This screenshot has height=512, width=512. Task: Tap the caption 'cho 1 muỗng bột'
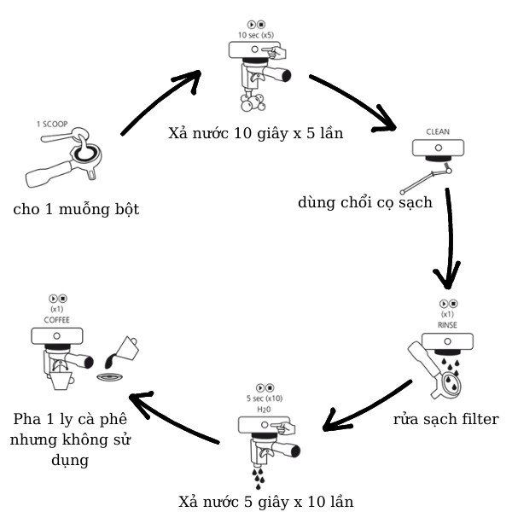coord(76,208)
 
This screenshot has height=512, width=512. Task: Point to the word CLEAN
coord(437,132)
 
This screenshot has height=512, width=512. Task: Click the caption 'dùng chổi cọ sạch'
coord(366,202)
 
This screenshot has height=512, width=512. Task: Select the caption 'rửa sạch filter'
coord(445,419)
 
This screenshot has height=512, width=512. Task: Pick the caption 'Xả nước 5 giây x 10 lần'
coord(266,501)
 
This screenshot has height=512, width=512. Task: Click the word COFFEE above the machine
coord(56,319)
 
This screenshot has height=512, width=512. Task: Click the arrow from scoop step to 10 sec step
coord(162,102)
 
